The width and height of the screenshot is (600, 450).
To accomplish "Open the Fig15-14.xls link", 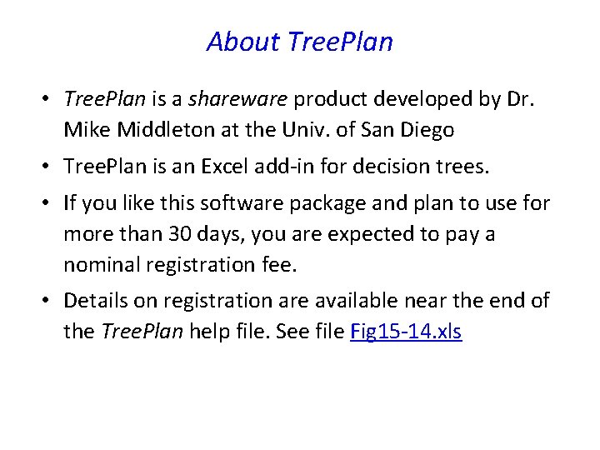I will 406,332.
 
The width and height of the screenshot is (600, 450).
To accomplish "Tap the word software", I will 239,203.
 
